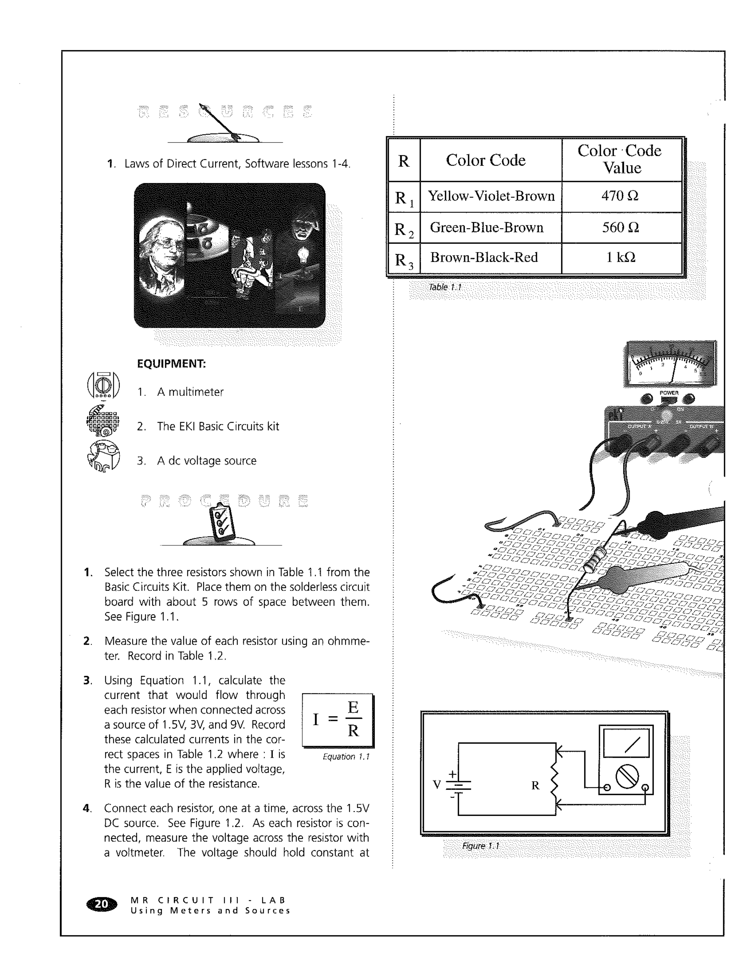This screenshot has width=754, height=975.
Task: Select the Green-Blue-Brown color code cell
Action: (x=486, y=228)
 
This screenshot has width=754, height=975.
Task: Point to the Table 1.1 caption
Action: (x=445, y=287)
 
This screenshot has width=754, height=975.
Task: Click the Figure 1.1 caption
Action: (x=480, y=846)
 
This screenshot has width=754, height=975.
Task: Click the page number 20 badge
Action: (x=102, y=904)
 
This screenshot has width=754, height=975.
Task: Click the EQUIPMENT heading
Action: (x=171, y=364)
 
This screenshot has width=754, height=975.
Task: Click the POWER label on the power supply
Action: (x=669, y=393)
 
